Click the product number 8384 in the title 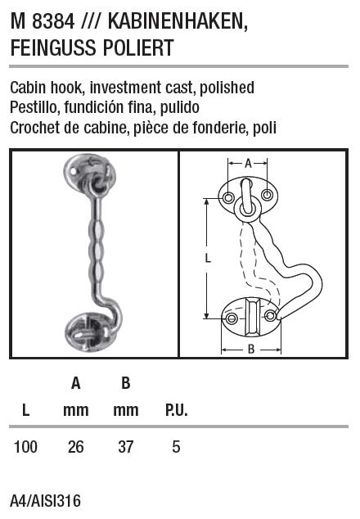pyautogui.click(x=53, y=22)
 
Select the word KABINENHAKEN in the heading pyautogui.click(x=178, y=22)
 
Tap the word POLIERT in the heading pyautogui.click(x=138, y=47)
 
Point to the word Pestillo pyautogui.click(x=34, y=107)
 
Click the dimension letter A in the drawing pyautogui.click(x=248, y=163)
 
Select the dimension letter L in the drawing pyautogui.click(x=208, y=258)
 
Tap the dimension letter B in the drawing pyautogui.click(x=251, y=349)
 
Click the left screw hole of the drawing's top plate pyautogui.click(x=228, y=198)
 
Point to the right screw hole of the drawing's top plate pyautogui.click(x=267, y=195)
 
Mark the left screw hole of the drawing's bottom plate pyautogui.click(x=232, y=318)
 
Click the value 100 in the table pyautogui.click(x=25, y=447)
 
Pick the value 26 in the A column pyautogui.click(x=76, y=447)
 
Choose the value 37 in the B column pyautogui.click(x=126, y=447)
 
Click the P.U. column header pyautogui.click(x=177, y=410)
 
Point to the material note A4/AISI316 pyautogui.click(x=45, y=501)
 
